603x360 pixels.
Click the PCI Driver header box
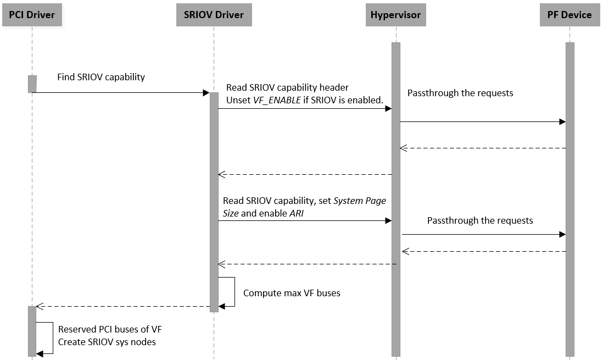[x=32, y=15]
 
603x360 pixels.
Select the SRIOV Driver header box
[x=214, y=15]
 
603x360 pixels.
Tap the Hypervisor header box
[x=395, y=15]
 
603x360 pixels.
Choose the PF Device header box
[x=569, y=15]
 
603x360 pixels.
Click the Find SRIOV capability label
[x=101, y=77]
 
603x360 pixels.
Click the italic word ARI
[x=297, y=213]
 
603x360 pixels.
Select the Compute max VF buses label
[x=292, y=293]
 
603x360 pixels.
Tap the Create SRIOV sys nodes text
[x=107, y=342]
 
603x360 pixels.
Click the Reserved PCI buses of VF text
[x=110, y=329]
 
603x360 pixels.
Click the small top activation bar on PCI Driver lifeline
[x=32, y=84]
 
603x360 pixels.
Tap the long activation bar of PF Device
[x=569, y=198]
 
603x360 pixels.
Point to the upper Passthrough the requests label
[x=460, y=93]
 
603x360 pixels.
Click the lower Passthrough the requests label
[x=480, y=220]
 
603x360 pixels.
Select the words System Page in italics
[x=360, y=201]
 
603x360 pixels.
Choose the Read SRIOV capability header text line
[x=287, y=87]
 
